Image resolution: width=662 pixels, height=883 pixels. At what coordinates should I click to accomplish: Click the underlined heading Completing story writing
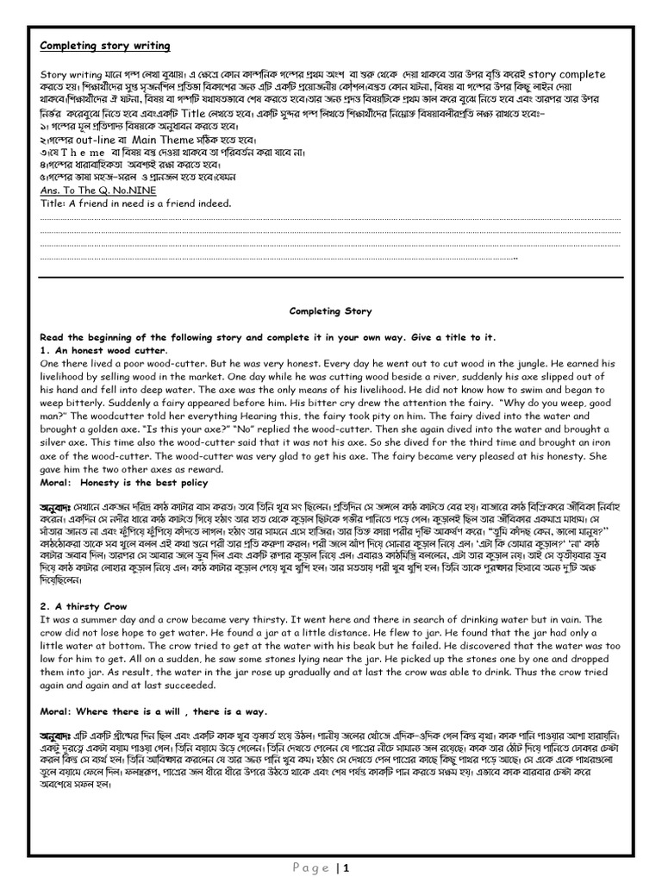[x=105, y=46]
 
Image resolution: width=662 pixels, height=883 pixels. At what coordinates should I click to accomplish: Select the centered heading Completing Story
[x=331, y=310]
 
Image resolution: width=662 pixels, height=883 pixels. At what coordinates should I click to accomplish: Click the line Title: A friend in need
[x=136, y=204]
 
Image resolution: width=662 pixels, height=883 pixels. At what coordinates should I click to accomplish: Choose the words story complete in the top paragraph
[x=565, y=74]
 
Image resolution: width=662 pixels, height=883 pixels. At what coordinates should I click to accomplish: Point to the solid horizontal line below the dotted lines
[x=331, y=277]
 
